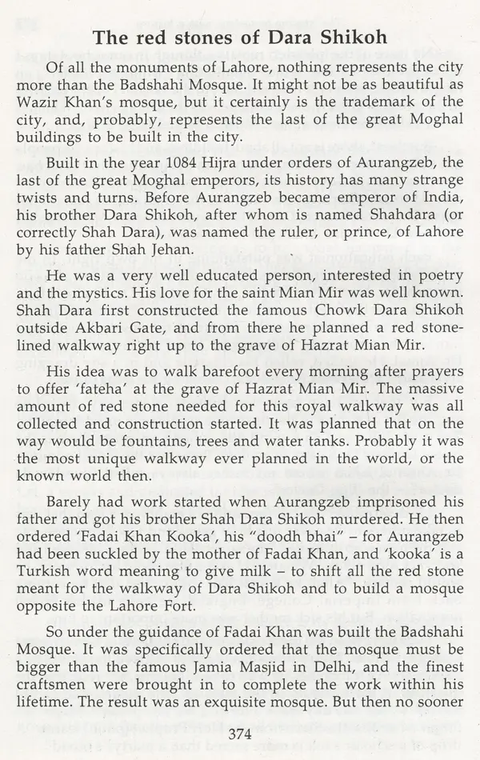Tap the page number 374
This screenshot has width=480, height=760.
coord(241,734)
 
